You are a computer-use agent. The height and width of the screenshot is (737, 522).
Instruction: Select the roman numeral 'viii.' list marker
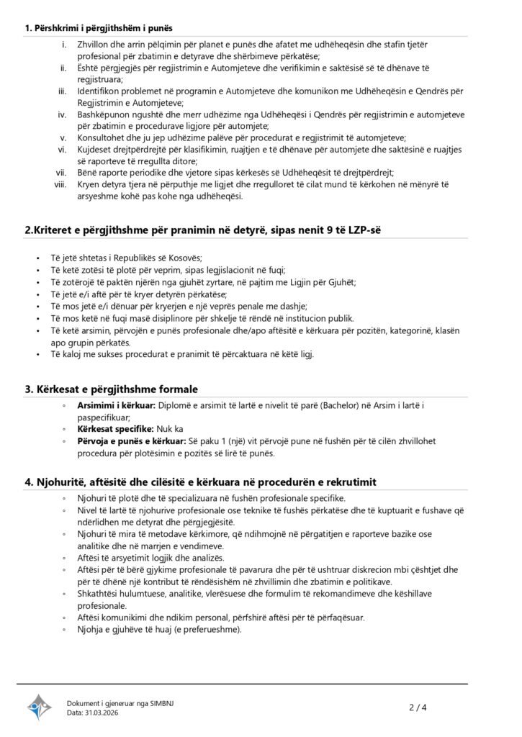click(60, 184)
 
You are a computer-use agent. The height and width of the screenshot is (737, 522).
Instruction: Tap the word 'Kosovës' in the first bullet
click(184, 258)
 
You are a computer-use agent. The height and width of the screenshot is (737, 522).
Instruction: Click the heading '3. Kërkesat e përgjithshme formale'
click(112, 389)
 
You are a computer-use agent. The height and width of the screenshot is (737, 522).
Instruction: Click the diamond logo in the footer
click(40, 707)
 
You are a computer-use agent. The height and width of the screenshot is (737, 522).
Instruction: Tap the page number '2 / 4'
click(418, 707)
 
